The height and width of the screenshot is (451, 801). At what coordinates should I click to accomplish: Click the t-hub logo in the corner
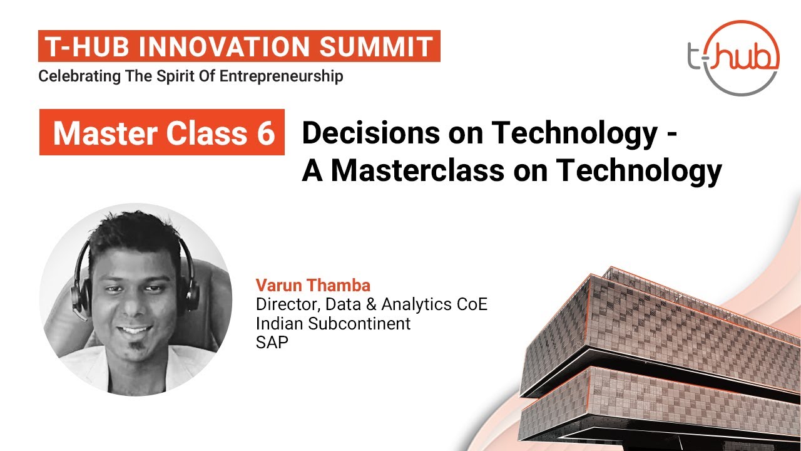click(733, 58)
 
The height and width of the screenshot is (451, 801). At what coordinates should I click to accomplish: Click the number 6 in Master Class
click(265, 133)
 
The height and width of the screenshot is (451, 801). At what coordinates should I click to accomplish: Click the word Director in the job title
click(285, 304)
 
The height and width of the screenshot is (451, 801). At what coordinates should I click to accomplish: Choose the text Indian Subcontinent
click(333, 323)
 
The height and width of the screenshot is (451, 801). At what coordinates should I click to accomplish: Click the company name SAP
click(272, 343)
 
